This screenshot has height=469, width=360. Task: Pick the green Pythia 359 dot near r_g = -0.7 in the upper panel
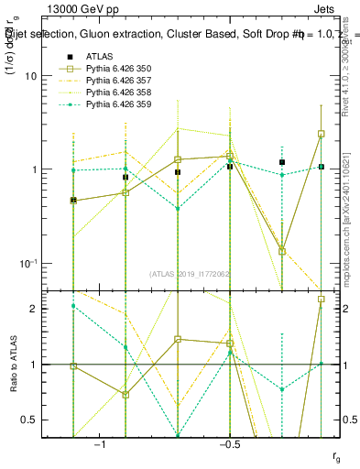point(178,208)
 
